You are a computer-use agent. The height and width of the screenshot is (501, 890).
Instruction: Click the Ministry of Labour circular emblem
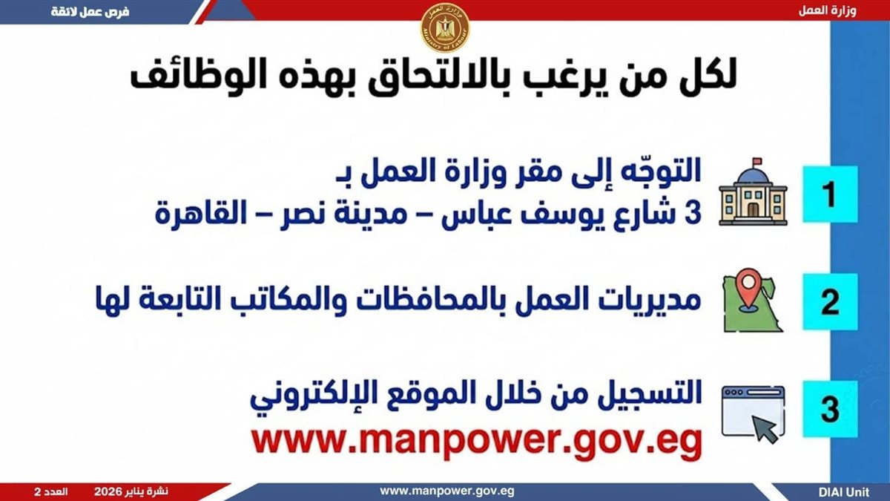445,28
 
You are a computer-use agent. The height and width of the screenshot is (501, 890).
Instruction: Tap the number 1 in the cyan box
830,194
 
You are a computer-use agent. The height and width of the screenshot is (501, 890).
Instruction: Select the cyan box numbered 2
830,302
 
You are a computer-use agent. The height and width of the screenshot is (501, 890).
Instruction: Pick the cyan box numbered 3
830,409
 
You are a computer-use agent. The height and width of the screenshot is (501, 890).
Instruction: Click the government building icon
753,192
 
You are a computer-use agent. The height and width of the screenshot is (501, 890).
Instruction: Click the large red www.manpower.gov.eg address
477,442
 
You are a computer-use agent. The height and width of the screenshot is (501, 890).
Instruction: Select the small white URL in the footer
447,491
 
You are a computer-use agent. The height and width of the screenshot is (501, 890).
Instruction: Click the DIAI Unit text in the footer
844,492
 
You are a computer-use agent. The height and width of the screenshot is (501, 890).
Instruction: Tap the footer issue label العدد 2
51,492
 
